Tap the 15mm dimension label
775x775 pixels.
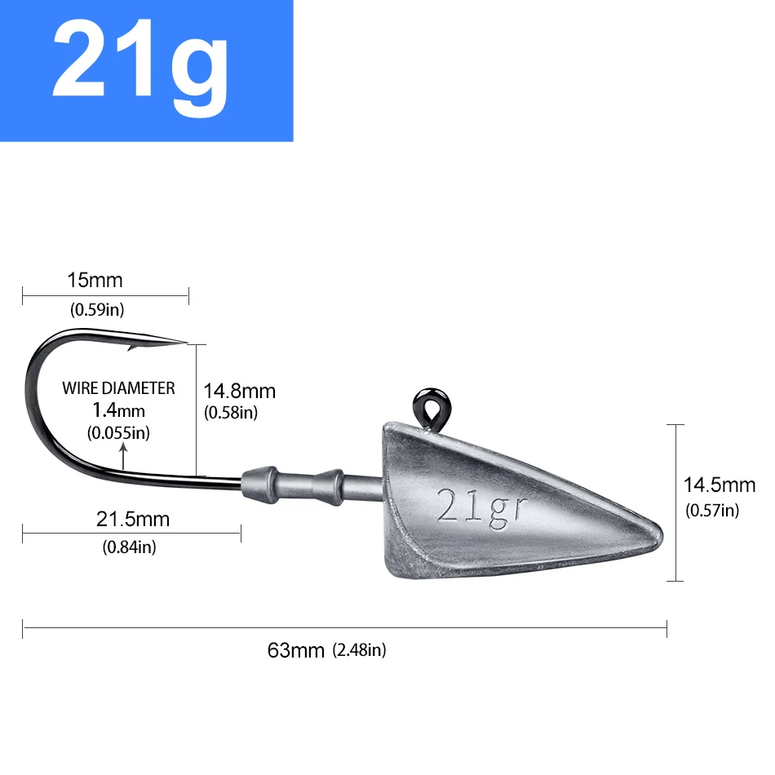point(95,281)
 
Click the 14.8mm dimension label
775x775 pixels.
point(239,392)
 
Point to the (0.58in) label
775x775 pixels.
point(230,413)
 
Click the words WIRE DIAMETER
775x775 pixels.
point(118,388)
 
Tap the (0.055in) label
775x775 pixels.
point(118,432)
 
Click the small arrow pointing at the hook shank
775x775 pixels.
point(123,457)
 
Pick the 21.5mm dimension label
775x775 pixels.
point(133,519)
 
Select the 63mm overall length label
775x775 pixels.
point(297,650)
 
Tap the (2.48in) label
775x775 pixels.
point(359,650)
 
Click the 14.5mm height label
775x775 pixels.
point(719,485)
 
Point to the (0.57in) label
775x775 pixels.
point(711,511)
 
